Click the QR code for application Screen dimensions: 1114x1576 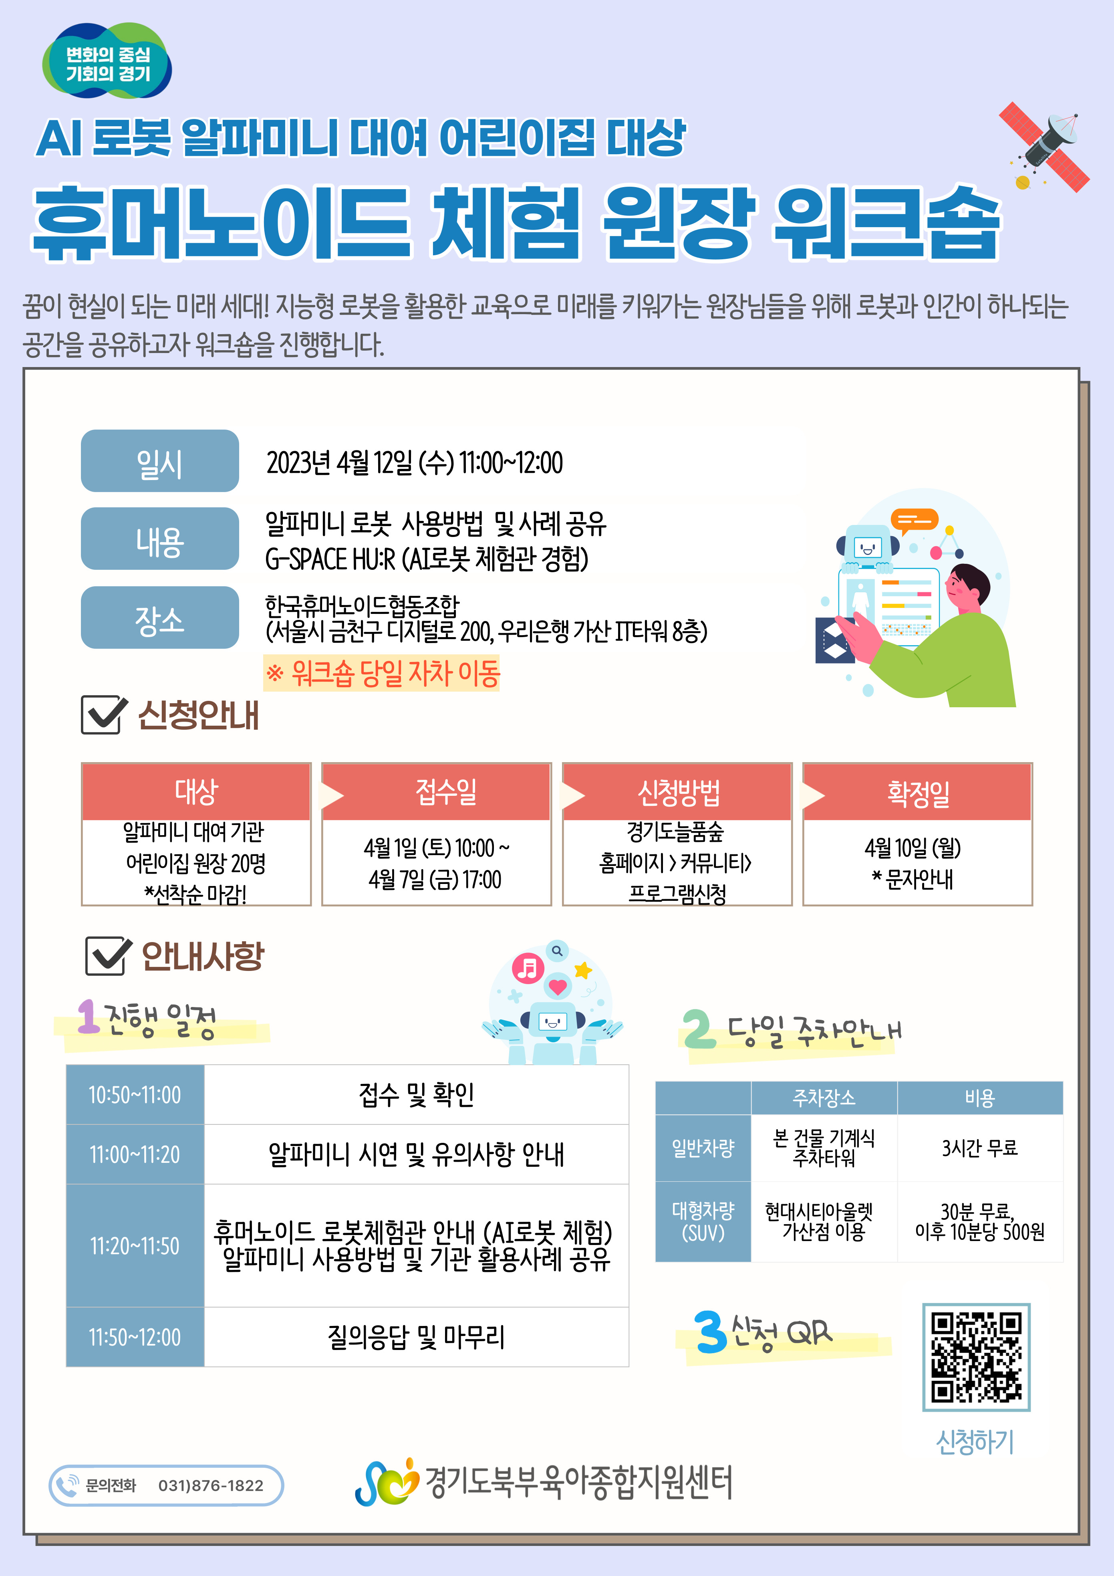pyautogui.click(x=976, y=1357)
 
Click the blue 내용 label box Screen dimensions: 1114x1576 pyautogui.click(x=160, y=539)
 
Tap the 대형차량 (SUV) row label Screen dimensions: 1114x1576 pyautogui.click(x=703, y=1222)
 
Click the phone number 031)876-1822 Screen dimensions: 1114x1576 pyautogui.click(x=211, y=1485)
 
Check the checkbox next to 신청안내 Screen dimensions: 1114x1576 pyautogui.click(x=104, y=714)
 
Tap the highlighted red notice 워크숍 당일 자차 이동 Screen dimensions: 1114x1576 pyautogui.click(x=382, y=673)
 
